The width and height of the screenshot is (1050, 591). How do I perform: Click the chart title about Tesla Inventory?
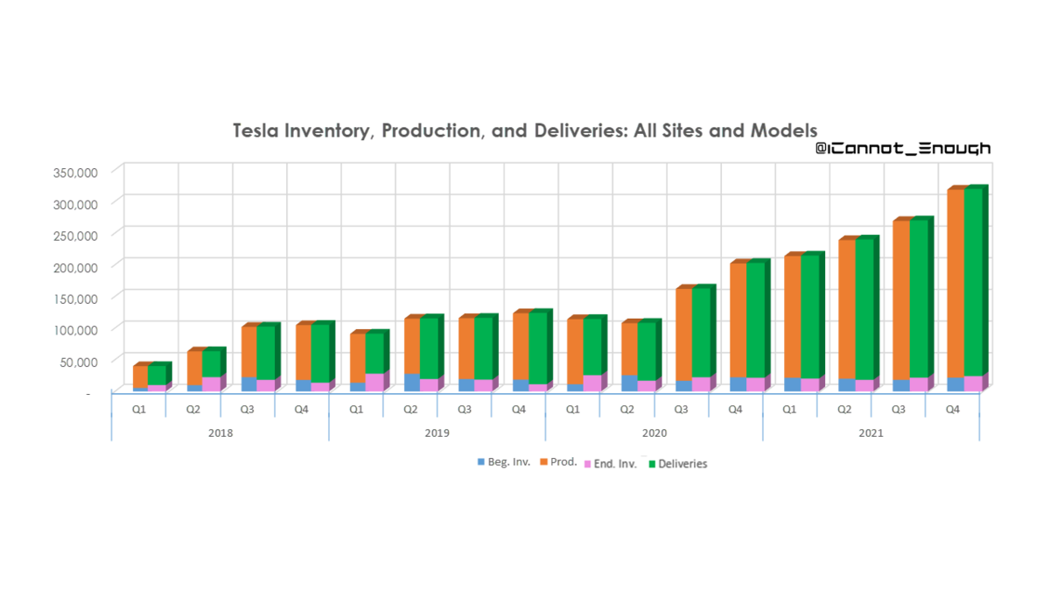pos(524,131)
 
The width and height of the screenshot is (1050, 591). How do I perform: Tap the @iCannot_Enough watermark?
pos(903,149)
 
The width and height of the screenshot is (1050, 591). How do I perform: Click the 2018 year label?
pos(220,433)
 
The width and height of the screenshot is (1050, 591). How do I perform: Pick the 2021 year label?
pos(871,433)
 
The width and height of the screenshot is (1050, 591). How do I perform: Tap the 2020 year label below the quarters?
pos(654,433)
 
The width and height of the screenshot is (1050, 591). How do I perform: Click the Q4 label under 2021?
pos(953,409)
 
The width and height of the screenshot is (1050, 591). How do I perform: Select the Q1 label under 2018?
pos(139,409)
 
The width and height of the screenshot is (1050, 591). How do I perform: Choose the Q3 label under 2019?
pos(465,409)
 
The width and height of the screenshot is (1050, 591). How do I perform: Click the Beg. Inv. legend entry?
pos(503,462)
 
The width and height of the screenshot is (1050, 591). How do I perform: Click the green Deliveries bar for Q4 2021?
pos(973,280)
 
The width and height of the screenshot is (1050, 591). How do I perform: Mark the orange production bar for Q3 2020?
pos(683,333)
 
